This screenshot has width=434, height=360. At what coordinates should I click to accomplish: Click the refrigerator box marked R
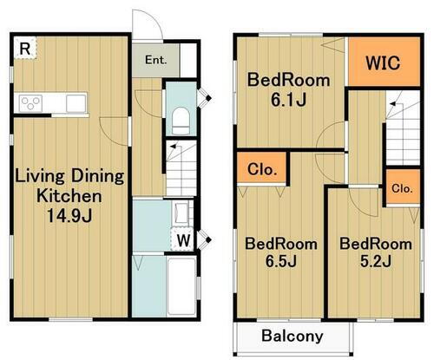coord(25,48)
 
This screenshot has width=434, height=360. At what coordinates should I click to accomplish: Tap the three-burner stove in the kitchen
coord(30,103)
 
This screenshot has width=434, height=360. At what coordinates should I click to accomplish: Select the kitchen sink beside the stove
coord(76,103)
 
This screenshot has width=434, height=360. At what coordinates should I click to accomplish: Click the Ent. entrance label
coord(155,60)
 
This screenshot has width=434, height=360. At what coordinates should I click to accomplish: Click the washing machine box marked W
coord(182,239)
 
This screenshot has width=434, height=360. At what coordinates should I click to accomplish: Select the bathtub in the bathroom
coord(181,286)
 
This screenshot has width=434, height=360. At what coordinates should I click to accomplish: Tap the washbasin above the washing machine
coord(181,213)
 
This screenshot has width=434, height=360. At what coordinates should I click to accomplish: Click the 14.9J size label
coord(69,216)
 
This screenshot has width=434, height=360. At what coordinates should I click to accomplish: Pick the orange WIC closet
coord(384,62)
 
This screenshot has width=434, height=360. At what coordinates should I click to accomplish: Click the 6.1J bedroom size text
coord(288,100)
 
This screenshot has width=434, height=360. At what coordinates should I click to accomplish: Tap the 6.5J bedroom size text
coord(281,261)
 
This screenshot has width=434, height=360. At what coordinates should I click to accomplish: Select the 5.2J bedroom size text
coord(376,261)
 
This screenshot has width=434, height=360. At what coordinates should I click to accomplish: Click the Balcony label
coord(293,336)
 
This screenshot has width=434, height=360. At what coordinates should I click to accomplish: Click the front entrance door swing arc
coord(155,18)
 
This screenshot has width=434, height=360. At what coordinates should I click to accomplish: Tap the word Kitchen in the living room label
coord(69,196)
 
